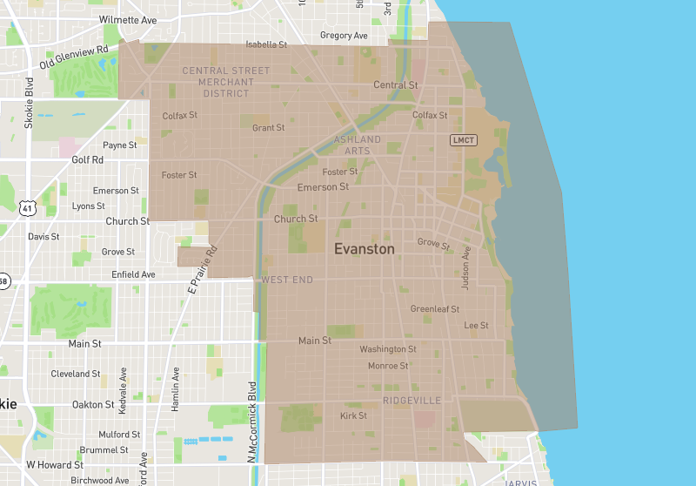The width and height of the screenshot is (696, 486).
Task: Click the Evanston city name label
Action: pyautogui.click(x=365, y=249)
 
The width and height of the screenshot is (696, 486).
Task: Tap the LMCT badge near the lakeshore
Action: pyautogui.click(x=464, y=140)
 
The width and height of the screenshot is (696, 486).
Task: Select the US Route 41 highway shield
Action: pyautogui.click(x=26, y=208)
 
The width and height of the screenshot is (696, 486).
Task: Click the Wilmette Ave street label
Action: pyautogui.click(x=129, y=19)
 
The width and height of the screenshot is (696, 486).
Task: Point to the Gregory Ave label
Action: pyautogui.click(x=344, y=36)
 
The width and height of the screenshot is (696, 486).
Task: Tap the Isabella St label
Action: pyautogui.click(x=266, y=44)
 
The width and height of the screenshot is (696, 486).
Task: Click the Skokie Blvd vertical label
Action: pyautogui.click(x=29, y=104)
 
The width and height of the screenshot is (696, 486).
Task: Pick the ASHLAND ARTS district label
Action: pyautogui.click(x=358, y=145)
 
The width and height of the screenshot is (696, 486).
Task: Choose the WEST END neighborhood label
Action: pyautogui.click(x=287, y=280)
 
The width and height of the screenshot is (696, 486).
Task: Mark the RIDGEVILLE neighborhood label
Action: pyautogui.click(x=412, y=401)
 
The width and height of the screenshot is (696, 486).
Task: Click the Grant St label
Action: pyautogui.click(x=268, y=128)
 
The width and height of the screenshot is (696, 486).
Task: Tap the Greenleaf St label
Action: pyautogui.click(x=435, y=308)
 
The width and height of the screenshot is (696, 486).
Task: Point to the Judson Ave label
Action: pyautogui.click(x=466, y=267)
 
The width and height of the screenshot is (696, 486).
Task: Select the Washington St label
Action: pyautogui.click(x=388, y=349)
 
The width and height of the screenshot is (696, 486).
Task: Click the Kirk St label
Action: pyautogui.click(x=353, y=416)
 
